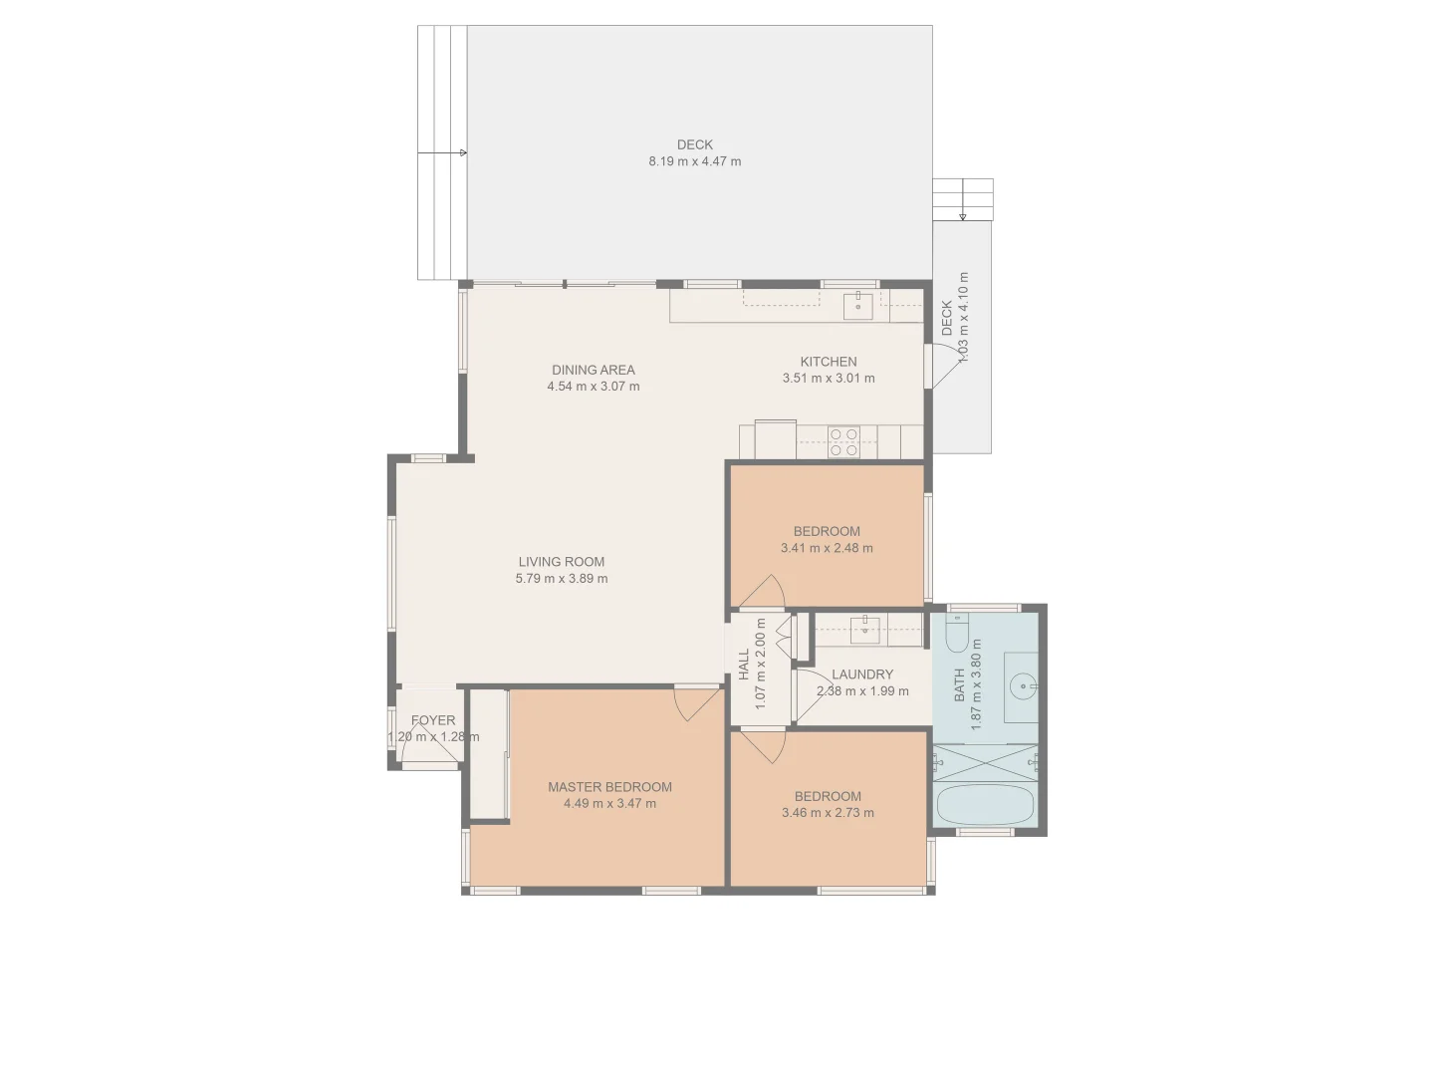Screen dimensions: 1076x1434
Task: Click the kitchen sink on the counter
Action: (857, 306)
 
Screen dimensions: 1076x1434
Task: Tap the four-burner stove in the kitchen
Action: (843, 441)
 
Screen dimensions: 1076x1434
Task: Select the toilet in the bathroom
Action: (957, 632)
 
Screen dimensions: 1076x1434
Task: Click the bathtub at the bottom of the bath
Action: (984, 805)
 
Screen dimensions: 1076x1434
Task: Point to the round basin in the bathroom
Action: (1022, 686)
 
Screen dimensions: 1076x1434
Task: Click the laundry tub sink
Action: (864, 627)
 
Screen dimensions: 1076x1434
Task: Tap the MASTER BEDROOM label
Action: (609, 787)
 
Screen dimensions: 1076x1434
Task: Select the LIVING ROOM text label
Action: (561, 562)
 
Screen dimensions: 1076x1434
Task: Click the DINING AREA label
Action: (593, 370)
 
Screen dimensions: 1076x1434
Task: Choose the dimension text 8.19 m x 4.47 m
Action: (694, 161)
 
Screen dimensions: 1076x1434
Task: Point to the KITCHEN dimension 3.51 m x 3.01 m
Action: (828, 379)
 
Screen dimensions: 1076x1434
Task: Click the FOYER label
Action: (433, 720)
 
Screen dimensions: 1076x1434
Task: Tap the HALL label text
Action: (744, 665)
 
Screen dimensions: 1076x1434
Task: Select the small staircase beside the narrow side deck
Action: (962, 199)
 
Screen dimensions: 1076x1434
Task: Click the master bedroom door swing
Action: (696, 702)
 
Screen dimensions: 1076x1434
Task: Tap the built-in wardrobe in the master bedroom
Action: (488, 754)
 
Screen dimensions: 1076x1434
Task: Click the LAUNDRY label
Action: (861, 674)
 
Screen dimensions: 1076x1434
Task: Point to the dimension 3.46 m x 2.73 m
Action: (828, 813)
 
